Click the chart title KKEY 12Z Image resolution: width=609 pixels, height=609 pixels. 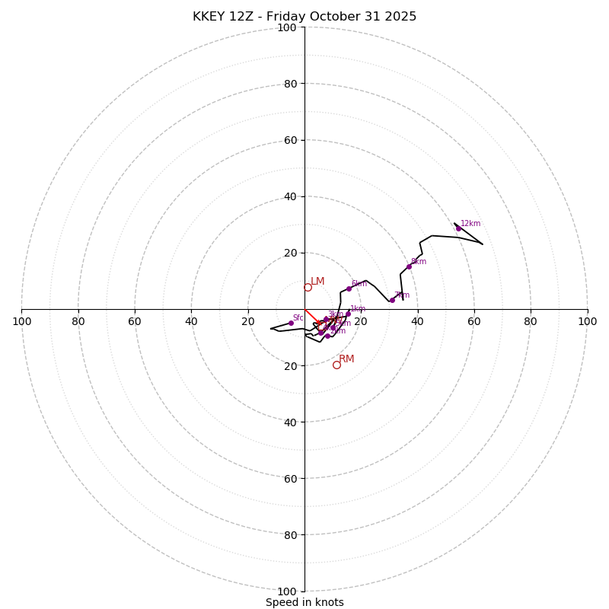(x=304, y=17)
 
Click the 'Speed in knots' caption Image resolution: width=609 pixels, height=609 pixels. (x=304, y=602)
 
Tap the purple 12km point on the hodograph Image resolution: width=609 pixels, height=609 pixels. (x=458, y=228)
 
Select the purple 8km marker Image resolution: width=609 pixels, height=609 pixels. (x=409, y=266)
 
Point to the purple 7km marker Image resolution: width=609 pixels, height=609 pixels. (x=392, y=300)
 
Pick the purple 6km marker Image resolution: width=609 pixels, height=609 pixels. (x=349, y=289)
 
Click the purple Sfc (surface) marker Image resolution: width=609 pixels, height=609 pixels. (x=291, y=323)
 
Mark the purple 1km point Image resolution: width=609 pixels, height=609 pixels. (x=348, y=314)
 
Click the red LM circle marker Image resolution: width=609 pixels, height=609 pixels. (x=308, y=287)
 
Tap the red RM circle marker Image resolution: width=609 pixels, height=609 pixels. (x=336, y=365)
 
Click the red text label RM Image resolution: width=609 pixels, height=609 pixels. (x=346, y=359)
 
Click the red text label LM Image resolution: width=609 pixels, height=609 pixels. (x=317, y=282)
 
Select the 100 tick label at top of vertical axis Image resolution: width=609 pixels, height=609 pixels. (x=287, y=27)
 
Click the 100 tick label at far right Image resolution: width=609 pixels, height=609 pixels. (x=587, y=321)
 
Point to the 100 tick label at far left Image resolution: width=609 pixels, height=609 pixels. (x=22, y=321)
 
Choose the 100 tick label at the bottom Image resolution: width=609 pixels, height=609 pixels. (x=287, y=591)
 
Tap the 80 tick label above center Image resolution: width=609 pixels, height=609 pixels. (x=289, y=84)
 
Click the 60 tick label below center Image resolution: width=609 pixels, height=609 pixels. (x=289, y=478)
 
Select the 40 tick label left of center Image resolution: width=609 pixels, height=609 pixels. (x=191, y=321)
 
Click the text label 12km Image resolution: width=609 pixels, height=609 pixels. (x=470, y=224)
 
